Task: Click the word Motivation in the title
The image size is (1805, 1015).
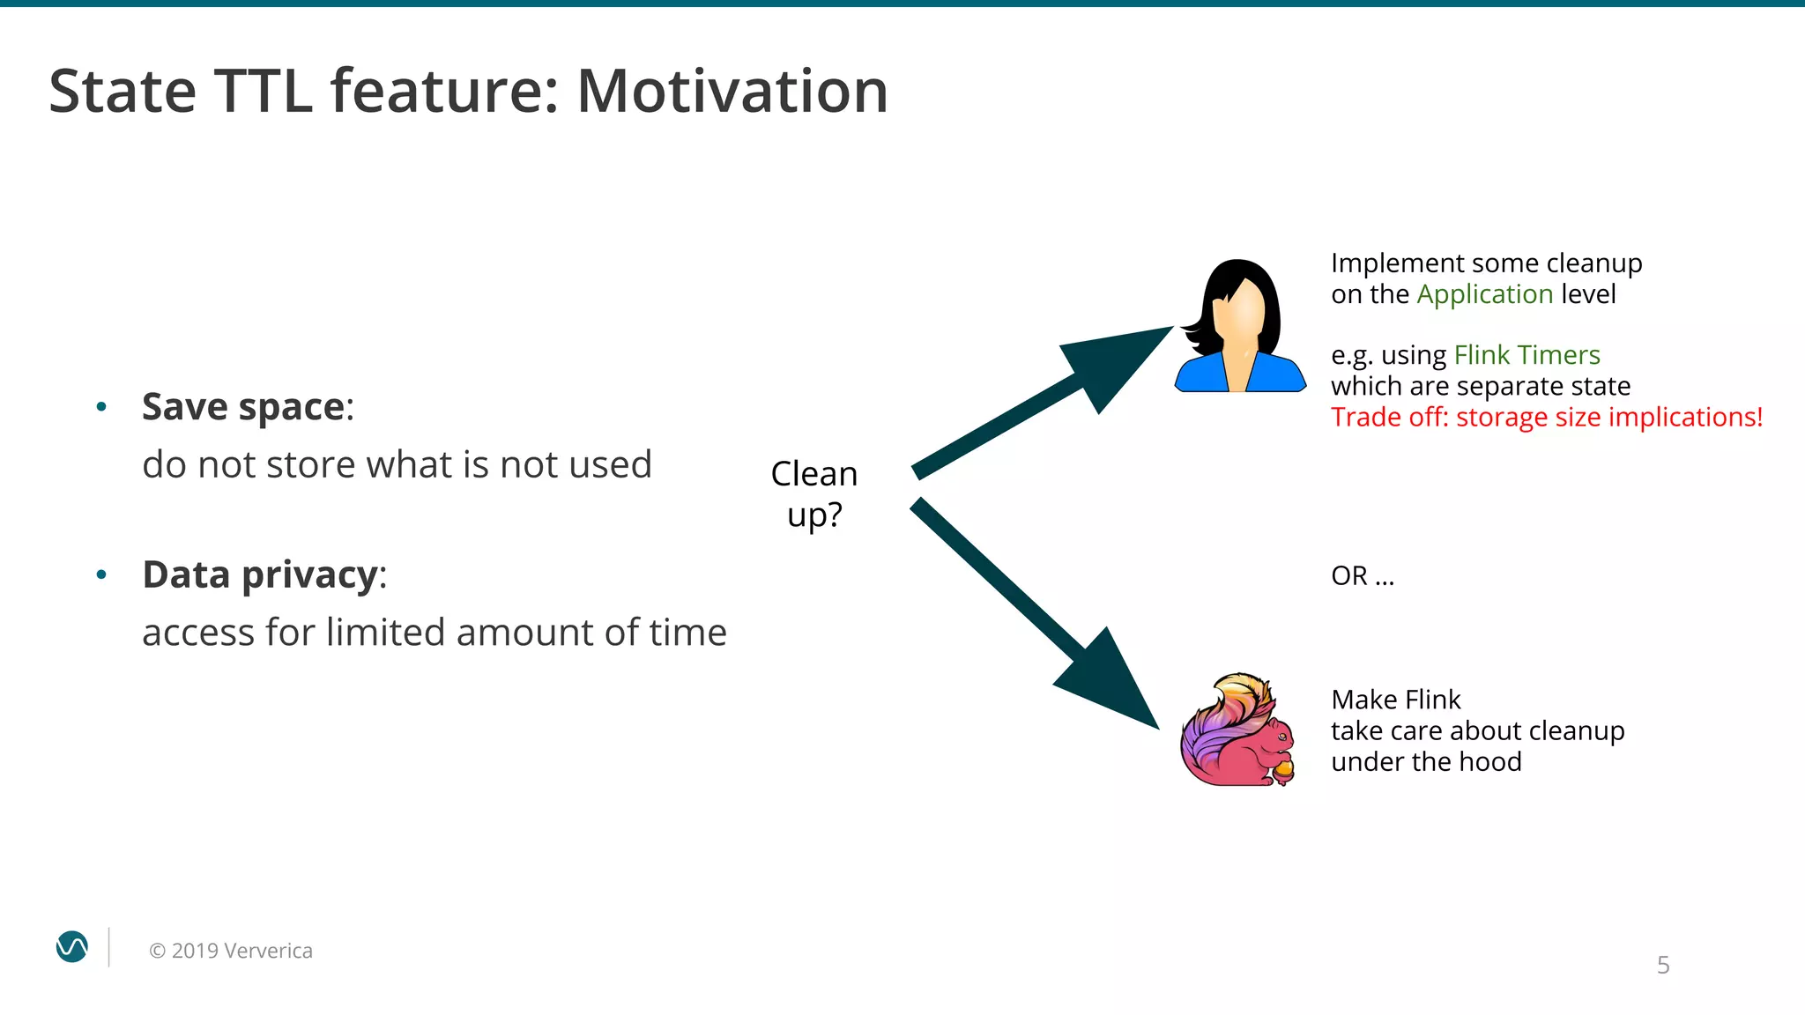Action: (x=732, y=92)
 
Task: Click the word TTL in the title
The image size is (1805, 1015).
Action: (x=263, y=92)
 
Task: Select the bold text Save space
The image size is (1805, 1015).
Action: (x=243, y=407)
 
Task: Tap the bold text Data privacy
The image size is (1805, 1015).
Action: (x=260, y=574)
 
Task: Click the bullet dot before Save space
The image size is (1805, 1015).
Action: (x=101, y=407)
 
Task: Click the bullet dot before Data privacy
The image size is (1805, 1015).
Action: (x=101, y=574)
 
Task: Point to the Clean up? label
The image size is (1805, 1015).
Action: (x=813, y=494)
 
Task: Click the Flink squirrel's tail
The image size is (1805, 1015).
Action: (x=1216, y=722)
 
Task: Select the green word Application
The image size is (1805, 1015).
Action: (x=1484, y=294)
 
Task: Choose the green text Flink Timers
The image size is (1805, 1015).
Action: (x=1526, y=355)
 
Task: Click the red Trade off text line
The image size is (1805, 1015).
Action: (x=1546, y=417)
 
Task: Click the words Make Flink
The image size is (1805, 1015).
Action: (x=1395, y=700)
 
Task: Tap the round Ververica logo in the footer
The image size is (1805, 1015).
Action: (x=72, y=947)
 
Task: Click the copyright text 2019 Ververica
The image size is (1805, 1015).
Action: (x=231, y=951)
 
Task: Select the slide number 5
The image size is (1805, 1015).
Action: (x=1662, y=965)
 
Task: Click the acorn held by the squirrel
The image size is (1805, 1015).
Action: (x=1283, y=772)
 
